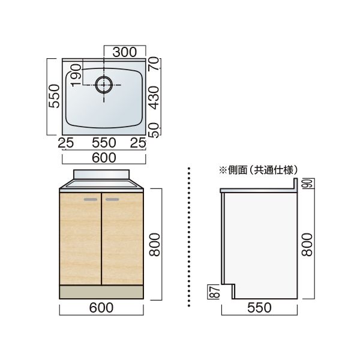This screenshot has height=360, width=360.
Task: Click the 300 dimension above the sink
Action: pos(125,52)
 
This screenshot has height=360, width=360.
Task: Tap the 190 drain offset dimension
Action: pos(76,76)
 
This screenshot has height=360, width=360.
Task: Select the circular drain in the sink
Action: pos(104,85)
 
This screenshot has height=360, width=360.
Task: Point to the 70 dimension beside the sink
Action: pos(154,64)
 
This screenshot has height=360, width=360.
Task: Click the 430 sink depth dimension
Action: pos(154,98)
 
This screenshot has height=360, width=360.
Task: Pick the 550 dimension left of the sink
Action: pos(54,96)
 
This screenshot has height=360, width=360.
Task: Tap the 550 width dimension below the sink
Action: pos(104,143)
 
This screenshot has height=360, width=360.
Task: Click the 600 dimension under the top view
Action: pos(104,158)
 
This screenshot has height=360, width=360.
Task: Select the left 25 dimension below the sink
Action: pos(65,143)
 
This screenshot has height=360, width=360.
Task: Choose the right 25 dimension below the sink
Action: pos(138,143)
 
